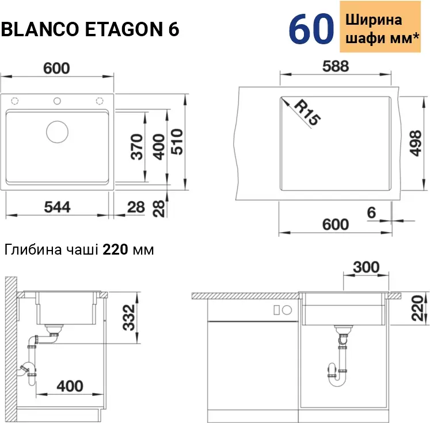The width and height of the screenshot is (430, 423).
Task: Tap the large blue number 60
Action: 311,29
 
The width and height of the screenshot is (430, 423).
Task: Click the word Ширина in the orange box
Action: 374,20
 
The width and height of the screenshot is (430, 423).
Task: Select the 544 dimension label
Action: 58,207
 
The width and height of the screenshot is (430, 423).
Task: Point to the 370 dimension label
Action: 137,147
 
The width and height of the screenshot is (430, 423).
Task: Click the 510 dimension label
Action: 177,141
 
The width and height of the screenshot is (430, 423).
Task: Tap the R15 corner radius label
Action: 307,113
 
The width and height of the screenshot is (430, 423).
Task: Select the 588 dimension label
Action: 336,66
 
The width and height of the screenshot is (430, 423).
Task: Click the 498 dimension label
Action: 416,144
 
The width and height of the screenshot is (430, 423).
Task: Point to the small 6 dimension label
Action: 371,213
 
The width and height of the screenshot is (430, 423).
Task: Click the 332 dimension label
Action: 129,317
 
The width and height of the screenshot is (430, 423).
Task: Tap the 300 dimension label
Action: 366,267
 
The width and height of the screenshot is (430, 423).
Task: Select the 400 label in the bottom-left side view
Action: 70,386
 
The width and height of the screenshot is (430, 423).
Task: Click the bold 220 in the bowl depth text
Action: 115,249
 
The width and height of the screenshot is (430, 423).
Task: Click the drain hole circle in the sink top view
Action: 58,132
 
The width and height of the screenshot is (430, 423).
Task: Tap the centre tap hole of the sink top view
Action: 57,101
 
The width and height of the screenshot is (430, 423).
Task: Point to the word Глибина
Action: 33,249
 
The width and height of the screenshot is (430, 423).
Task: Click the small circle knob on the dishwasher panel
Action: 287,310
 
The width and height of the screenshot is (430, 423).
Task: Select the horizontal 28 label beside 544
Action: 136,207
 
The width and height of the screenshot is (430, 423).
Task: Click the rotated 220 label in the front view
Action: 418,308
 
